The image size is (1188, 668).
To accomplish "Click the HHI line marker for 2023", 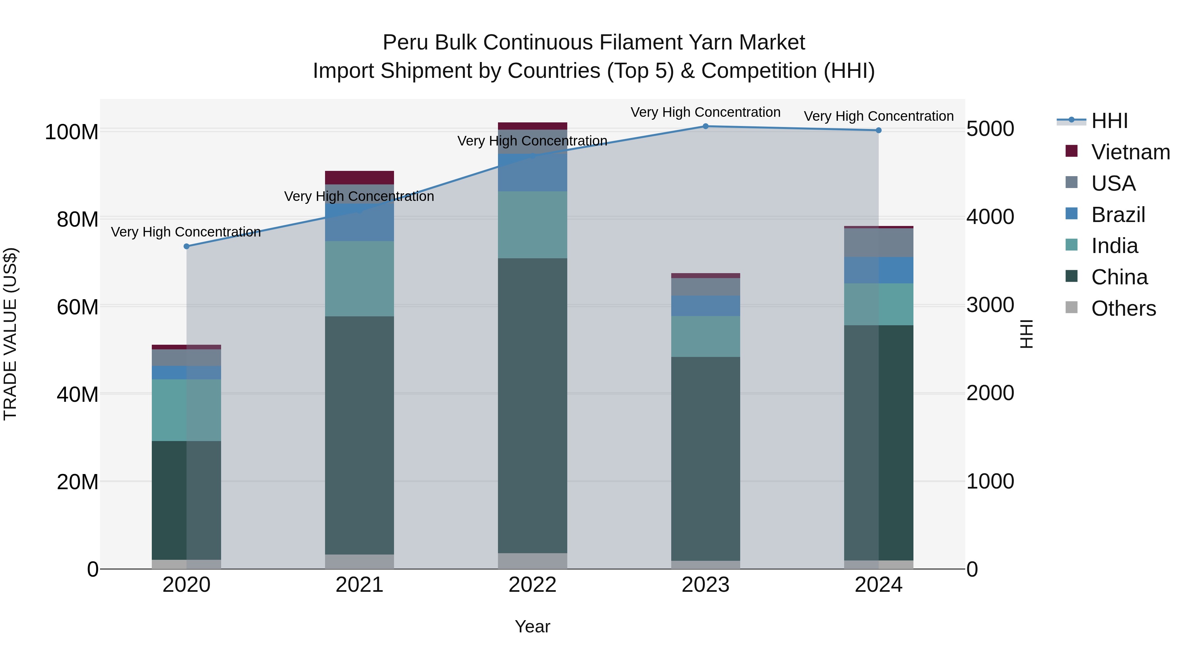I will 705,126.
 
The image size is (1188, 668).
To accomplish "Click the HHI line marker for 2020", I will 186,246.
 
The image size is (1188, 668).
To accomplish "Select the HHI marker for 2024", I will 878,130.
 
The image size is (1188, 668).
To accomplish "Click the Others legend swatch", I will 1071,307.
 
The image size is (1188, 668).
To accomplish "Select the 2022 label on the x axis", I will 532,585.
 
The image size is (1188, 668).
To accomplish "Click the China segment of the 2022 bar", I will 532,406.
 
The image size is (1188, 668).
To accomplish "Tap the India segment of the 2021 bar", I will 359,278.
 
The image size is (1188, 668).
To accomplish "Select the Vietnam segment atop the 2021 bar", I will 359,177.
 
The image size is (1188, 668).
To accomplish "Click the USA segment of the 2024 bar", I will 878,242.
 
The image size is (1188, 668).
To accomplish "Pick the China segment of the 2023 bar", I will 705,459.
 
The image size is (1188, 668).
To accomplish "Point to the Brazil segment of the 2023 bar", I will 705,306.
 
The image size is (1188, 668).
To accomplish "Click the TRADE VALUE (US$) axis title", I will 10,334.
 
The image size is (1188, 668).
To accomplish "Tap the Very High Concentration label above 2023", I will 705,112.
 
